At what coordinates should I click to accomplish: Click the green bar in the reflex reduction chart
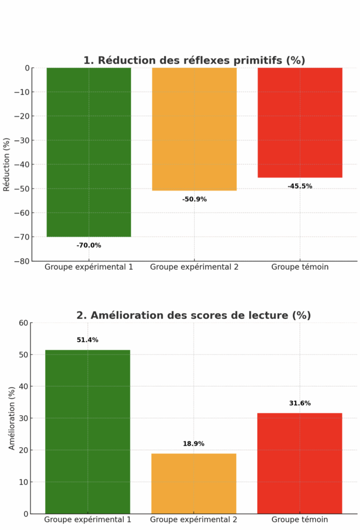pyautogui.click(x=89, y=152)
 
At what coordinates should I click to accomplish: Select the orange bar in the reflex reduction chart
pyautogui.click(x=194, y=129)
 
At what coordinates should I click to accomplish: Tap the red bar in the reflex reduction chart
pyautogui.click(x=300, y=123)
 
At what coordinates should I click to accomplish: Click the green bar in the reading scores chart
pyautogui.click(x=88, y=432)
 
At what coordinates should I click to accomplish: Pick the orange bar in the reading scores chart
pyautogui.click(x=194, y=483)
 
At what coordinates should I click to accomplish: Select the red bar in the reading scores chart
pyautogui.click(x=300, y=463)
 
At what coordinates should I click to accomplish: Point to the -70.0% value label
pyautogui.click(x=89, y=245)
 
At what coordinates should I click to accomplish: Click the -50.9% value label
pyautogui.click(x=194, y=199)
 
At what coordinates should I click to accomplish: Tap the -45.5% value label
pyautogui.click(x=300, y=186)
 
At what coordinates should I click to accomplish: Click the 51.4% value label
pyautogui.click(x=88, y=340)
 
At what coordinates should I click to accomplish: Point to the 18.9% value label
pyautogui.click(x=194, y=444)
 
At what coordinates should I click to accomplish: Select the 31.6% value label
pyautogui.click(x=300, y=403)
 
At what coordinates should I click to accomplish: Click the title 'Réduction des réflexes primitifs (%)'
pyautogui.click(x=194, y=61)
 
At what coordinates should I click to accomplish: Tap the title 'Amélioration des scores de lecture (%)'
pyautogui.click(x=194, y=315)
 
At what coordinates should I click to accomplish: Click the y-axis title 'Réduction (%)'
pyautogui.click(x=7, y=165)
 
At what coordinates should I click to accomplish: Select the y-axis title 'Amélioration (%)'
pyautogui.click(x=12, y=418)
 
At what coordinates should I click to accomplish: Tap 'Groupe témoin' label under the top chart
pyautogui.click(x=300, y=267)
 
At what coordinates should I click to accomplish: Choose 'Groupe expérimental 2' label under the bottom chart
pyautogui.click(x=194, y=520)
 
